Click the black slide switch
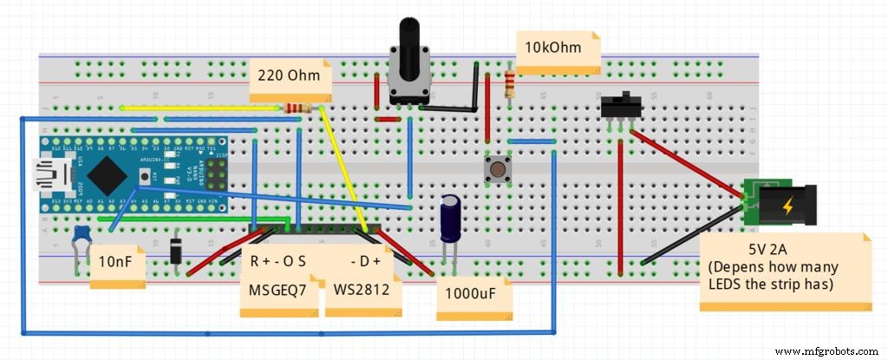[x=621, y=107]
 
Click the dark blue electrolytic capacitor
[x=449, y=218]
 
